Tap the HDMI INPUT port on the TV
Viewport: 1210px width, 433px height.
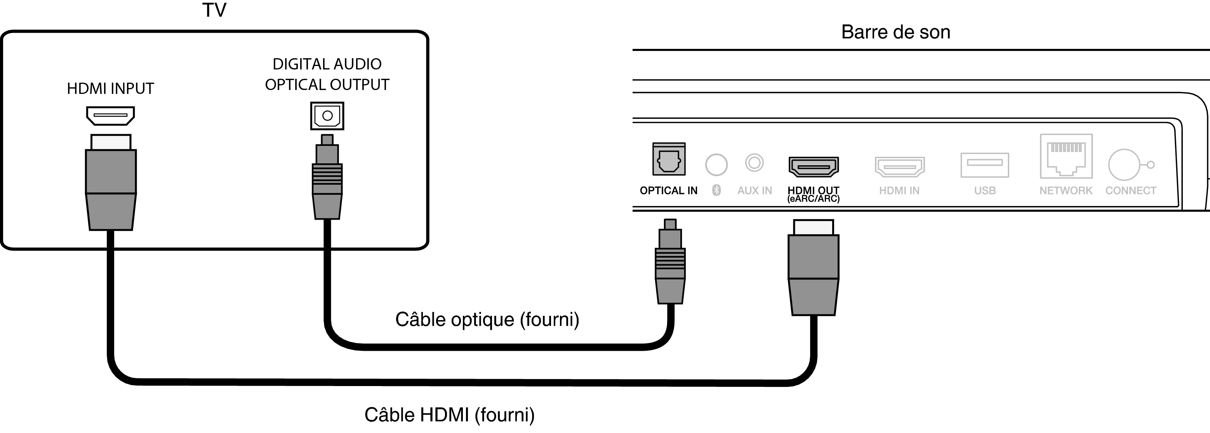110,115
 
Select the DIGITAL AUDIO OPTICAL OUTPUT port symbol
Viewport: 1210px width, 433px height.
327,115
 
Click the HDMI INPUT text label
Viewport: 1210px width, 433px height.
110,88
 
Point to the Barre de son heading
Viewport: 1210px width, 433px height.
895,32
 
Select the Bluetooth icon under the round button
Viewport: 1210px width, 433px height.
716,190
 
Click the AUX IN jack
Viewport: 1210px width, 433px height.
755,163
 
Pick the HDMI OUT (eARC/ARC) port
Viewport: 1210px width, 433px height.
813,166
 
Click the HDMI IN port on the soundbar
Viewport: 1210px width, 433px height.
899,166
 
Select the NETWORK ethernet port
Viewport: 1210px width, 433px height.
1066,156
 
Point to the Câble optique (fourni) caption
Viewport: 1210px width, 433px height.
487,319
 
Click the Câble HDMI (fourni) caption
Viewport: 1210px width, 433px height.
450,415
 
